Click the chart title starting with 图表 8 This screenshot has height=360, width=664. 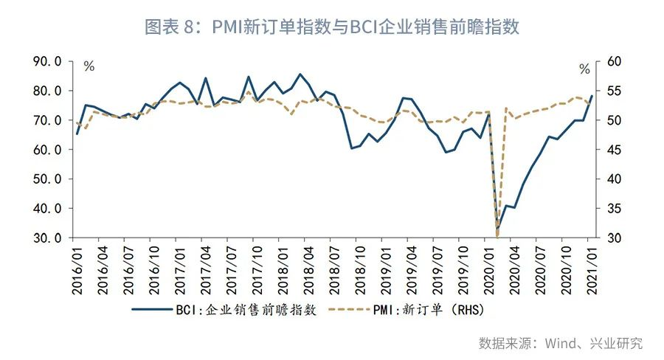(332, 27)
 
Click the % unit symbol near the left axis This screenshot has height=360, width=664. (89, 67)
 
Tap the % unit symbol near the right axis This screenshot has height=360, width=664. (584, 70)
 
